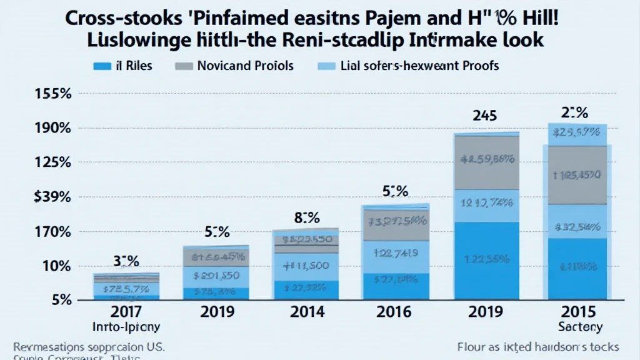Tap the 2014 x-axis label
tap(306, 311)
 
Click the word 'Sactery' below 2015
tap(579, 326)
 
